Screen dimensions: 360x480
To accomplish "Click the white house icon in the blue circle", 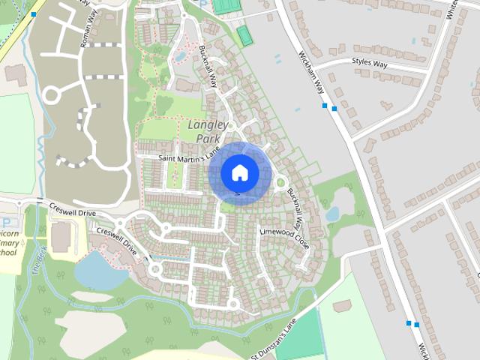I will click(239, 172).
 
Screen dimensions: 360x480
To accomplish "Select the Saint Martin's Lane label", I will click(184, 158).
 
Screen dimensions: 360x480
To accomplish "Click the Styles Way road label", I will click(369, 64).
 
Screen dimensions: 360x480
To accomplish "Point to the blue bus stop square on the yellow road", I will click(34, 14).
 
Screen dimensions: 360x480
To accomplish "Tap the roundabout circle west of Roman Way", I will click(51, 95).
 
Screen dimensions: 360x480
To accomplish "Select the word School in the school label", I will click(7, 253).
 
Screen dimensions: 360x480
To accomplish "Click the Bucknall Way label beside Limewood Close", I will click(297, 213).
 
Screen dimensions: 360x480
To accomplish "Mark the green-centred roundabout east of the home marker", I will click(280, 181).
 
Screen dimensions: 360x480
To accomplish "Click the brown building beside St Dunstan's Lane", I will click(342, 305).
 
